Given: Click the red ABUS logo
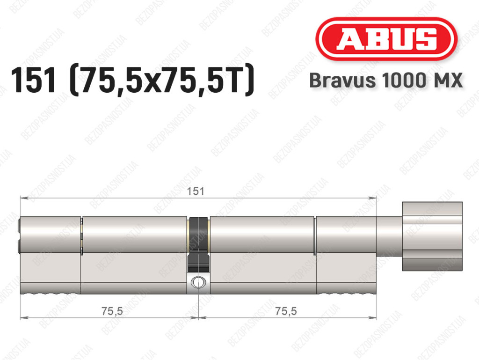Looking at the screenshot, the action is click(386, 39).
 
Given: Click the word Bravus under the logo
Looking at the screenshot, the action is click(342, 81).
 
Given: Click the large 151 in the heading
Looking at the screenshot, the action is click(34, 80).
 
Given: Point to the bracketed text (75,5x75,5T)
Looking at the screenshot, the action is click(162, 81).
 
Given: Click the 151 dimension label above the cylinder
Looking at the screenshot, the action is click(196, 191).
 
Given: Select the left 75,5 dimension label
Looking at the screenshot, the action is click(112, 311).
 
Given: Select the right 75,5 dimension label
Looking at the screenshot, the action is click(286, 311).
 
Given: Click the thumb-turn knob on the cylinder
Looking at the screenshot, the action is click(432, 236).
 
